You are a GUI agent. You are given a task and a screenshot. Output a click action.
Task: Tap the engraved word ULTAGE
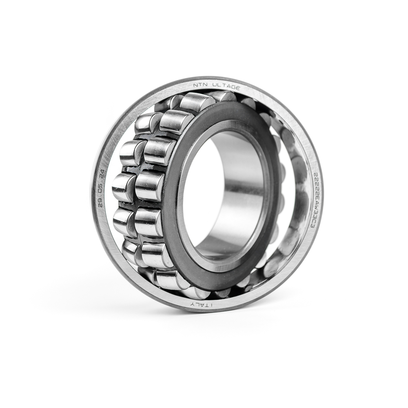[226, 86]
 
